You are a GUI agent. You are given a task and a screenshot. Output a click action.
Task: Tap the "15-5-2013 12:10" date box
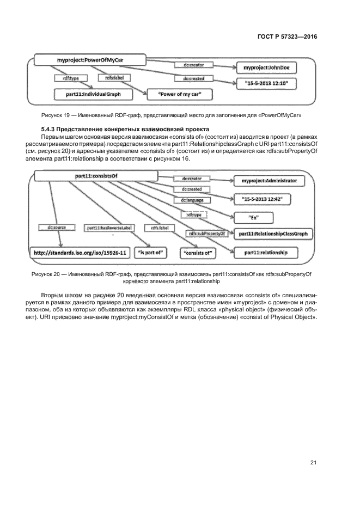pos(267,83)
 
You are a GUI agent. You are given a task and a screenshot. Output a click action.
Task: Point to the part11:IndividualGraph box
pos(92,94)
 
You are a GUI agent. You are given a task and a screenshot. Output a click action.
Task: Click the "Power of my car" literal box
pos(180,94)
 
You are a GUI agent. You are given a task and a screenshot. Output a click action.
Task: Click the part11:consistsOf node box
pos(96,176)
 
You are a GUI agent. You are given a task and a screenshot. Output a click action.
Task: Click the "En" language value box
pos(253,217)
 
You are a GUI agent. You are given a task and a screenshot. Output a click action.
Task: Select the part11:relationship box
pos(259,253)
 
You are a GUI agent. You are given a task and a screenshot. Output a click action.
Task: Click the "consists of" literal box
pos(198,253)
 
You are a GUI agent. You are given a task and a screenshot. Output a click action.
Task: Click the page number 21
pos(313,463)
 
